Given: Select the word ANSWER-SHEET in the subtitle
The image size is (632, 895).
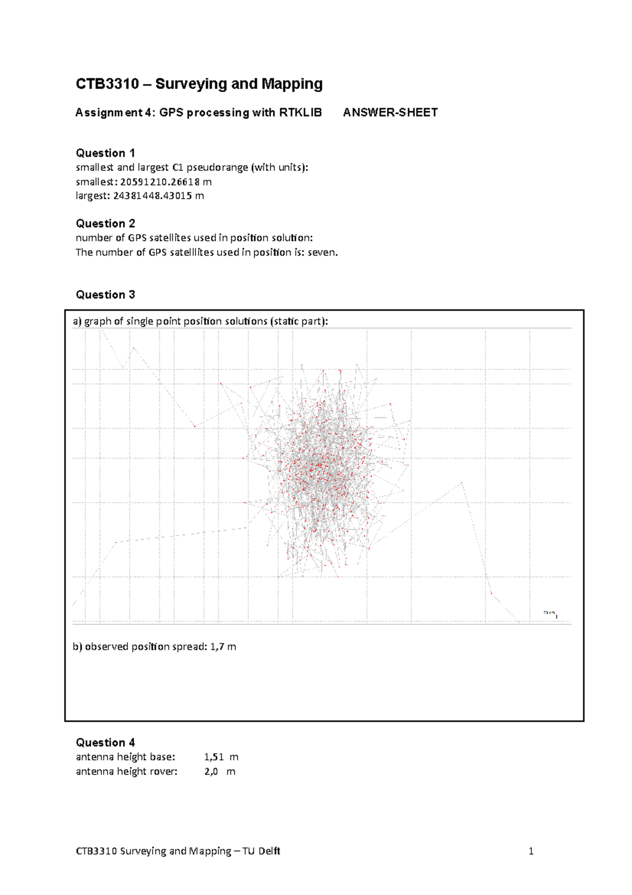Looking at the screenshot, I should coord(390,112).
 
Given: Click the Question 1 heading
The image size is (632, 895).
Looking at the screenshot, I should coord(105,153).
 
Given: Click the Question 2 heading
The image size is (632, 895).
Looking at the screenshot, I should coord(105,223).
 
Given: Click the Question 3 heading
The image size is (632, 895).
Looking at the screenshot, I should coord(105,295).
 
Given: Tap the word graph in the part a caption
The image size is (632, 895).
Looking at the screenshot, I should coord(97,322).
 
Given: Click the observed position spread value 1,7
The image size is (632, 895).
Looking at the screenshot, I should coord(216,647).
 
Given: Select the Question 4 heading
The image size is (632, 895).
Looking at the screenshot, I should coord(105,743).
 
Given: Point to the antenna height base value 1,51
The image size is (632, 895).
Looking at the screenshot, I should coord(214,757).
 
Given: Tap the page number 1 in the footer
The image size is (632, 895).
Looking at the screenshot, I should coord(531,851).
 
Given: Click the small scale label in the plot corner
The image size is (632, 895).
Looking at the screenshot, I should coord(549,613).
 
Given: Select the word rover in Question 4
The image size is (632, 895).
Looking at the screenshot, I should coord(160,772).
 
